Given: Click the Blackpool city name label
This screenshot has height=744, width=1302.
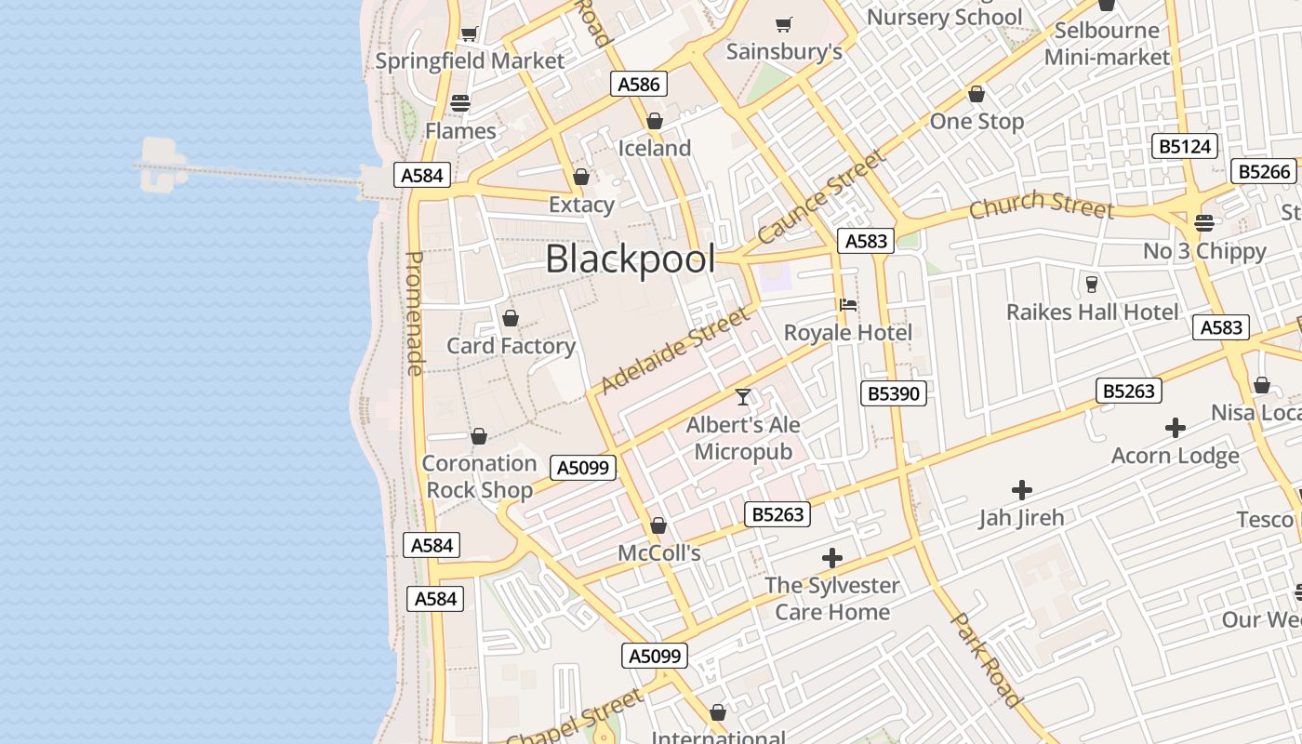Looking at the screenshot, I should pos(631,259).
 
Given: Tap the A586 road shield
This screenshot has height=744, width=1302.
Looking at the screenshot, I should pos(639,85).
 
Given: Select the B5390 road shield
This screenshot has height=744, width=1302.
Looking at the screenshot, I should pos(893,393).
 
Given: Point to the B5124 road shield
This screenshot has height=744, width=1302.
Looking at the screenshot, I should pos(1185,146).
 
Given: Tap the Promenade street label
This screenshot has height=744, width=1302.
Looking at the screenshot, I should pos(415,313).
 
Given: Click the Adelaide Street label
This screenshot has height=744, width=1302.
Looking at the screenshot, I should pos(675,350).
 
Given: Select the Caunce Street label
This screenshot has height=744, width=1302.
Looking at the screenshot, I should pos(822,197).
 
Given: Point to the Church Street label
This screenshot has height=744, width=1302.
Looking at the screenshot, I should pos(1041,206).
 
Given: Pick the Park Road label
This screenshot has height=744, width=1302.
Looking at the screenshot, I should pos(988,659).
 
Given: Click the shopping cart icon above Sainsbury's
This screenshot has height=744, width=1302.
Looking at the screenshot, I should pos(784,24).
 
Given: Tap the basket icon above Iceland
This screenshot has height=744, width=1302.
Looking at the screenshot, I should pos(655,122).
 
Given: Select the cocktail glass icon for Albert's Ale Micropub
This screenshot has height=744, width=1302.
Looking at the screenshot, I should pos(743,397).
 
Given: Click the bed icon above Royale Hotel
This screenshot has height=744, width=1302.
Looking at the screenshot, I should pos(847,305).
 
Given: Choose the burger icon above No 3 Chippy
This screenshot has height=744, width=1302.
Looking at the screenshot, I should pos(1204,223).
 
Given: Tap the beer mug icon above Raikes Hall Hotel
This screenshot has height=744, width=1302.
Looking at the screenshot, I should pos(1092,284).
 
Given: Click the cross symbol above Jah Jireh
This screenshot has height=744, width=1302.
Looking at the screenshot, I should pos(1022,489).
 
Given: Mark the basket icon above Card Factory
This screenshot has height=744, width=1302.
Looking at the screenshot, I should pos(511,319).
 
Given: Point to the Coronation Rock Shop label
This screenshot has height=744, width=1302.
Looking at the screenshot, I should pos(480,476).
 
